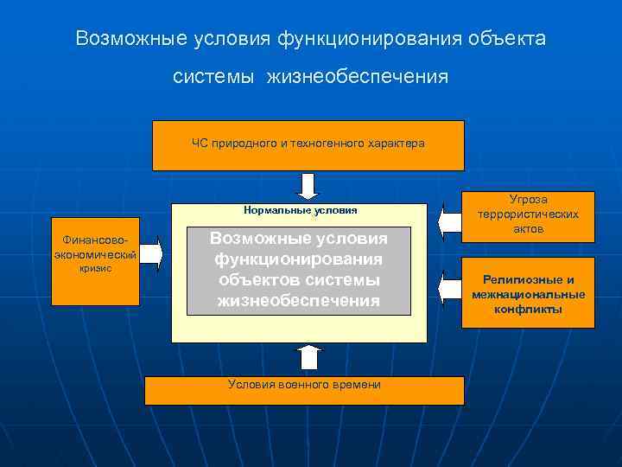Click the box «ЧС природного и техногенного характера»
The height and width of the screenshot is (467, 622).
point(308,144)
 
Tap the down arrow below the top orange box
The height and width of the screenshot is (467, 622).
point(308,185)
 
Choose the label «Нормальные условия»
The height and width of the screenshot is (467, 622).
point(300,210)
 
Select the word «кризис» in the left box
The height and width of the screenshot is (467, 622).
point(95,268)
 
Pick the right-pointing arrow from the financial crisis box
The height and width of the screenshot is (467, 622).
point(149,253)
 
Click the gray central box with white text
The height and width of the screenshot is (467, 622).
point(300,270)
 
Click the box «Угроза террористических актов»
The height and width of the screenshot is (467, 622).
point(528,214)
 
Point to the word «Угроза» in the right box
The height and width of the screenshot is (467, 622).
point(528,200)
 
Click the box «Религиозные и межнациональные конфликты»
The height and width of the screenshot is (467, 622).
point(528,293)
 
